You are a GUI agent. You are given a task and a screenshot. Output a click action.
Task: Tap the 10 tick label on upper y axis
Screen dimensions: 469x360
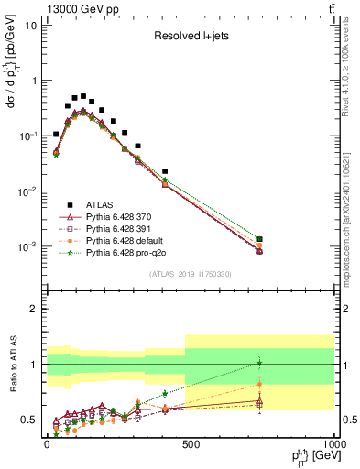31,25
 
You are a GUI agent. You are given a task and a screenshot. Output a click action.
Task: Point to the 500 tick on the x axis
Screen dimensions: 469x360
190,443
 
